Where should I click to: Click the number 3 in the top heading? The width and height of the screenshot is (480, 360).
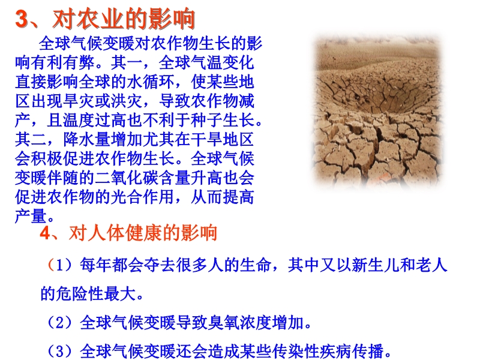tap(22, 19)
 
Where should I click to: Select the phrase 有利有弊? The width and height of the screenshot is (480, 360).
tap(62, 63)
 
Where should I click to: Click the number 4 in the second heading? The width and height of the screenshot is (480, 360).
tap(44, 233)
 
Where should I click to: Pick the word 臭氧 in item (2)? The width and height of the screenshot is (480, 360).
tap(223, 322)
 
